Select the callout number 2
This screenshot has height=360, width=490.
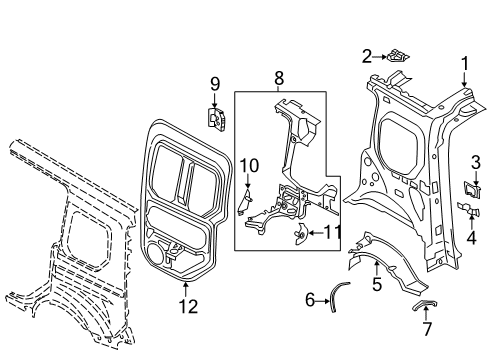click(367, 56)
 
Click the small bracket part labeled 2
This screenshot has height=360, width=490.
click(398, 57)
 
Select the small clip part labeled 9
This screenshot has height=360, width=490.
click(214, 118)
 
